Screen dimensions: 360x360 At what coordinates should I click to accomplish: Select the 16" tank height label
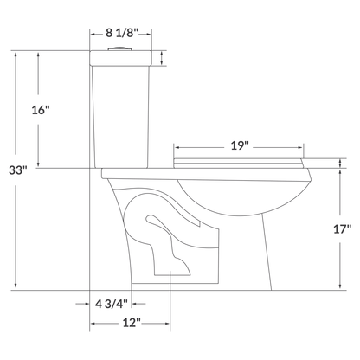(x=41, y=110)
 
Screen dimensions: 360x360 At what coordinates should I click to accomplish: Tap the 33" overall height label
(x=16, y=170)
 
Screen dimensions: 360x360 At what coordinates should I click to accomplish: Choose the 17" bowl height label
(x=341, y=230)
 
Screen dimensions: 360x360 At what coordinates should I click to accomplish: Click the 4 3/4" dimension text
(x=111, y=304)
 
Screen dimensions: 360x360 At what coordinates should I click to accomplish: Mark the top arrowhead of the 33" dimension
(x=16, y=53)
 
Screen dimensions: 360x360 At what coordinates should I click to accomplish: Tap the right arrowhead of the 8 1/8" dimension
(x=151, y=35)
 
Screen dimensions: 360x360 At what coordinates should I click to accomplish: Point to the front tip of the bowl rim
(x=309, y=176)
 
